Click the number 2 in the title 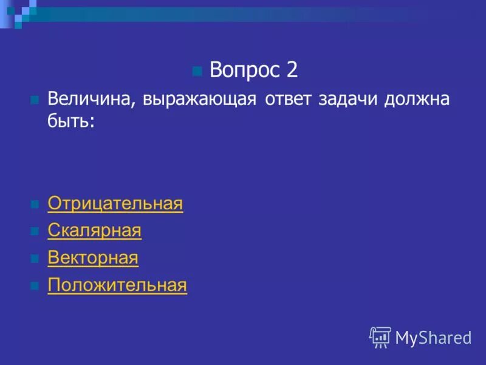[292, 71]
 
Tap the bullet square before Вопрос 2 [196, 72]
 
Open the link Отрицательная [115, 204]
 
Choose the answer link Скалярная [94, 231]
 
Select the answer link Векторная [93, 258]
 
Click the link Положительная [117, 285]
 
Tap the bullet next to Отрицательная [35, 204]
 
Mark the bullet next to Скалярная [35, 231]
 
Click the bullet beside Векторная [35, 259]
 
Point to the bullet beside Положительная [35, 286]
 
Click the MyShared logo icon [380, 337]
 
